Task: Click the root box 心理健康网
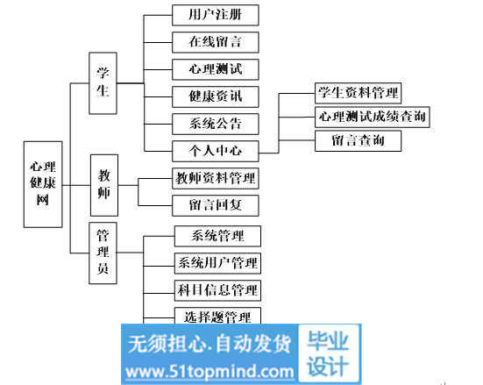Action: pos(43,184)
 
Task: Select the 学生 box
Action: pos(103,83)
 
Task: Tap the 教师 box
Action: pos(104,185)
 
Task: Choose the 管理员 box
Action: pos(103,253)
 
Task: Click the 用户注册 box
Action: pos(216,15)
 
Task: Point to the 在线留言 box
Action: pos(216,42)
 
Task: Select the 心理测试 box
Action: pos(216,69)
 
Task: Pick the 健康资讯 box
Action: pos(216,96)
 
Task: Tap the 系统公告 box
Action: pos(216,124)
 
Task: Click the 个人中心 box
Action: pos(216,151)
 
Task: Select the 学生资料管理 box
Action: pos(358,93)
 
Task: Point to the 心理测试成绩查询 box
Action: pos(372,117)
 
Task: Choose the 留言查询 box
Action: pos(358,141)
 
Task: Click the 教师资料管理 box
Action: pos(216,179)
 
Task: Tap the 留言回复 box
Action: pos(216,205)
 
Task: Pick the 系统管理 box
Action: pos(217,236)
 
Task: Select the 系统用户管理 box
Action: pos(217,263)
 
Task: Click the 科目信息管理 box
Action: pos(217,290)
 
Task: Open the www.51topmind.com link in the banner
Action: pos(210,372)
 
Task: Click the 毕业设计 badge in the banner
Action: pos(329,353)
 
